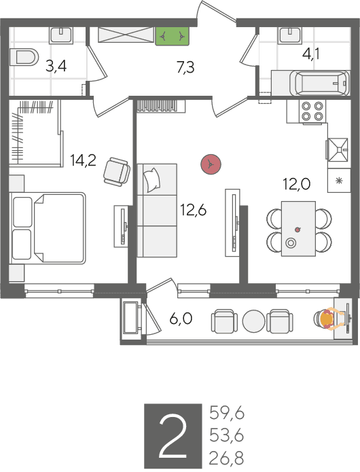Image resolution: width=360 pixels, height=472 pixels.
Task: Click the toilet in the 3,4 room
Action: coord(24,56)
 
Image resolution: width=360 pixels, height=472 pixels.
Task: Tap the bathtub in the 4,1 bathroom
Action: coord(320,82)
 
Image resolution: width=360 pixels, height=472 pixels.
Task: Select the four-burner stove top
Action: coord(312,111)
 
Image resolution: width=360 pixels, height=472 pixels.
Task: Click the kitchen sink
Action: coord(338,149)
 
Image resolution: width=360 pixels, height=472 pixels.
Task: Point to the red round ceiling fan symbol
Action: coord(211,164)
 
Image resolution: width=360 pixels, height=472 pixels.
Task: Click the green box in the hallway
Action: coord(172,36)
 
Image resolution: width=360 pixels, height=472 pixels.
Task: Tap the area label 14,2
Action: coord(83,160)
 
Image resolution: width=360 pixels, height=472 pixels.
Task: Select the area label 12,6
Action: coord(193,210)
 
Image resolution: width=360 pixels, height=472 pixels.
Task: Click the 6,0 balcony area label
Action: coord(181,319)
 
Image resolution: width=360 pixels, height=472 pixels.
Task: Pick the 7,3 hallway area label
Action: coord(185,67)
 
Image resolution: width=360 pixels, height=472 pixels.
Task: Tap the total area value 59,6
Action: coord(227,413)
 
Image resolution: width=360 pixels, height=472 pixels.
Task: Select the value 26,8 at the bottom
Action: coord(226,458)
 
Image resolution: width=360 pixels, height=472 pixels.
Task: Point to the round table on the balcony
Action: coord(254,321)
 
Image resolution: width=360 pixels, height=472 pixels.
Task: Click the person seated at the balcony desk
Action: coord(328,319)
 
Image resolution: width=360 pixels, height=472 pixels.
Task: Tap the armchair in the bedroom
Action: coord(117,172)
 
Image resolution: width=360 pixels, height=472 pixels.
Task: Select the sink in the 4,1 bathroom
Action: coord(290,35)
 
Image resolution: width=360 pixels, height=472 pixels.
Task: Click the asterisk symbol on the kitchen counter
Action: coord(339,181)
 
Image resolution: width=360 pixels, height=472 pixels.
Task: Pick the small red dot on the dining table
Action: coord(298,230)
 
